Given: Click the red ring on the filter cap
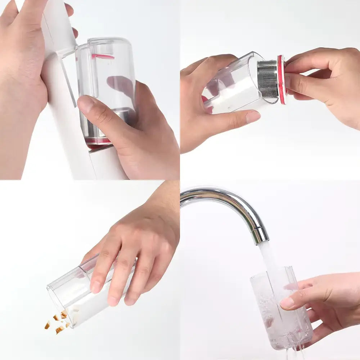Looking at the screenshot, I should pos(281,80).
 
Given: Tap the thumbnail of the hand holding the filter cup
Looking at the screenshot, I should pos(253,116).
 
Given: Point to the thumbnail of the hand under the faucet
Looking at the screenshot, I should pos(287,303).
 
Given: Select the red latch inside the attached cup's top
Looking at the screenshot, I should pos(103,56).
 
